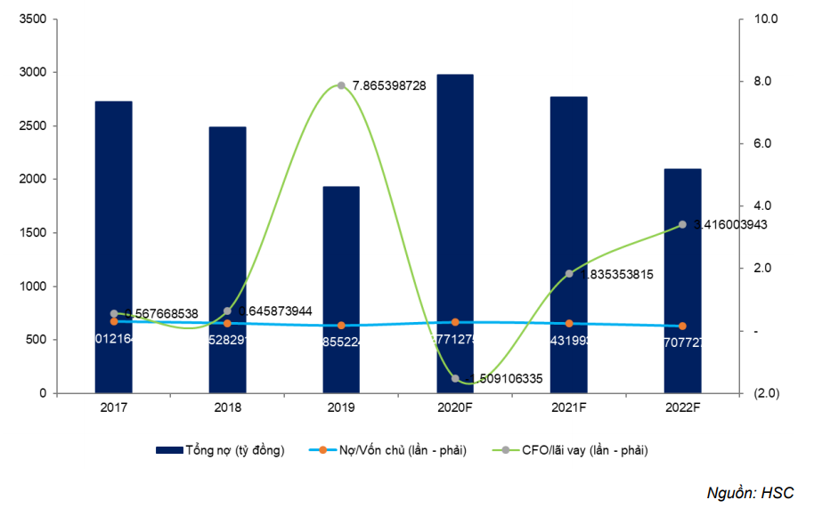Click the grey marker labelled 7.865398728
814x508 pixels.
[341, 85]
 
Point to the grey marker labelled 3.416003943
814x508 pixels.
[682, 224]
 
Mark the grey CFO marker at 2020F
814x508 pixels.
[455, 378]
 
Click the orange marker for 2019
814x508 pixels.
[341, 326]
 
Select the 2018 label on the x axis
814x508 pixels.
[228, 408]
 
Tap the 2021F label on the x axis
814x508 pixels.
[569, 408]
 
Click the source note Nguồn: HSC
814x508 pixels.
[750, 492]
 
